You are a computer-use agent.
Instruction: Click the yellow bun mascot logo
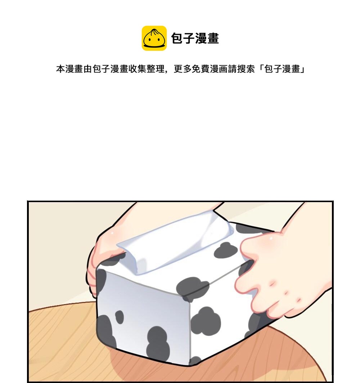[154, 38]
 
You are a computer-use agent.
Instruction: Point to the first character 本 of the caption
[60, 69]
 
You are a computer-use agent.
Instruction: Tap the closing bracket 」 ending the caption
[302, 70]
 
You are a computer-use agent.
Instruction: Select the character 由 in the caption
[88, 69]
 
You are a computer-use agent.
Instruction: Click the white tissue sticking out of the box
[176, 242]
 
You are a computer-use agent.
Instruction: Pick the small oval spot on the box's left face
[120, 317]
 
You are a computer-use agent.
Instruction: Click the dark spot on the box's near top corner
[193, 288]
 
